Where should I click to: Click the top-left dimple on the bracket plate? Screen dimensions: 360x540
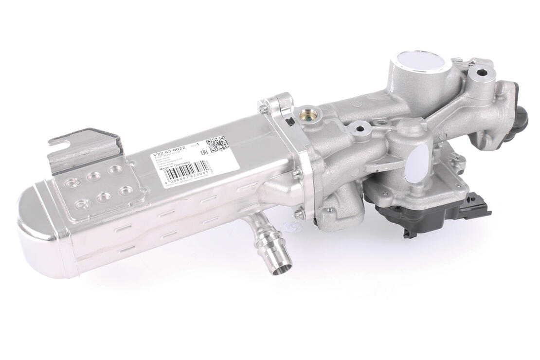(73, 182)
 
